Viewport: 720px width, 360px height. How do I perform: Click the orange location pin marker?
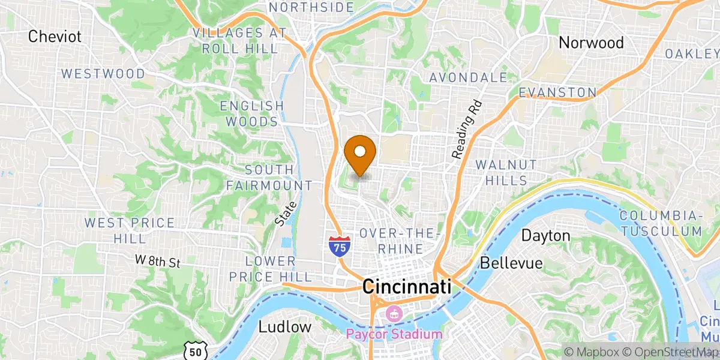[361, 152]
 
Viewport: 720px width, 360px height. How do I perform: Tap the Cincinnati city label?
[406, 287]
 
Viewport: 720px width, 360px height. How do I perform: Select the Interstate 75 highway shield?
[340, 247]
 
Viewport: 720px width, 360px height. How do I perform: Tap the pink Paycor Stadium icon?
[395, 313]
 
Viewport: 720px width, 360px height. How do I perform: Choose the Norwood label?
[591, 43]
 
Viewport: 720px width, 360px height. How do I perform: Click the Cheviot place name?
[55, 37]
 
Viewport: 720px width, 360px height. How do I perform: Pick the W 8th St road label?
[157, 261]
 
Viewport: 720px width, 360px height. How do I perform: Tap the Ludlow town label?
[285, 327]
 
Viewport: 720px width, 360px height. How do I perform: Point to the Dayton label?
[545, 236]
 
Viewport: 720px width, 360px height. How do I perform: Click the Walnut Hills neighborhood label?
[502, 172]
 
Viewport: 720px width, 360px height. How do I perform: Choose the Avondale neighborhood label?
[468, 77]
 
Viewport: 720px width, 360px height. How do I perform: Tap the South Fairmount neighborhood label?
[269, 178]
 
